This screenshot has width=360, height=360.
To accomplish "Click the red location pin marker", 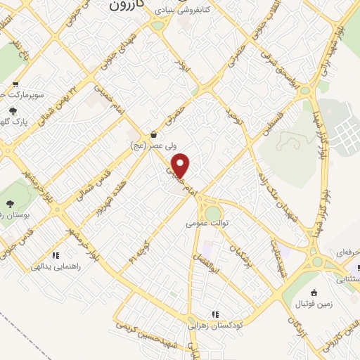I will (181, 166).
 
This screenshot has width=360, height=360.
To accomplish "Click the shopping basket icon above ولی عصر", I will (154, 134).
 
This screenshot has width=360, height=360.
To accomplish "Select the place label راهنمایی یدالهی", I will (56, 267).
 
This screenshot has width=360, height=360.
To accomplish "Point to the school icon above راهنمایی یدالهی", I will (56, 255).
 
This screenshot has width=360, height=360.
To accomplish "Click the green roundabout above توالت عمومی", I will (212, 212).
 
